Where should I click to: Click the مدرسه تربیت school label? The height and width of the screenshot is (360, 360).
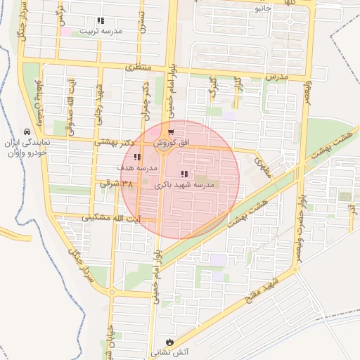click(x=102, y=31)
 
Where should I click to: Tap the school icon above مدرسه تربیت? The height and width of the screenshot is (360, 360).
click(x=101, y=21)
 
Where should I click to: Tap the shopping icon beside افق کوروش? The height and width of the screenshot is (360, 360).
click(x=172, y=132)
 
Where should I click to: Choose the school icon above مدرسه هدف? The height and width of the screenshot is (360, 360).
click(x=136, y=158)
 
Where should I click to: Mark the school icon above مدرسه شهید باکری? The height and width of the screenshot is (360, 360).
click(x=184, y=174)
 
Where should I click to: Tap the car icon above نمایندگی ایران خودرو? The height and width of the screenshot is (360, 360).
click(x=27, y=131)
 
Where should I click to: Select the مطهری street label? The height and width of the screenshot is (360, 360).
click(x=264, y=166)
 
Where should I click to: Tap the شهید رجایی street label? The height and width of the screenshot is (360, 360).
click(x=100, y=103)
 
